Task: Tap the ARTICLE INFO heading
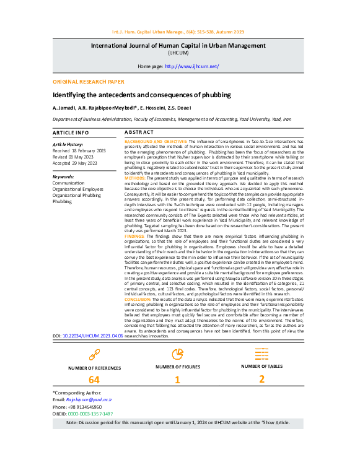70,133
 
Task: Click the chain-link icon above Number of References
94,354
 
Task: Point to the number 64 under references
94,380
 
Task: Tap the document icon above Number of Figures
178,354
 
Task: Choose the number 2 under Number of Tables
261,379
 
